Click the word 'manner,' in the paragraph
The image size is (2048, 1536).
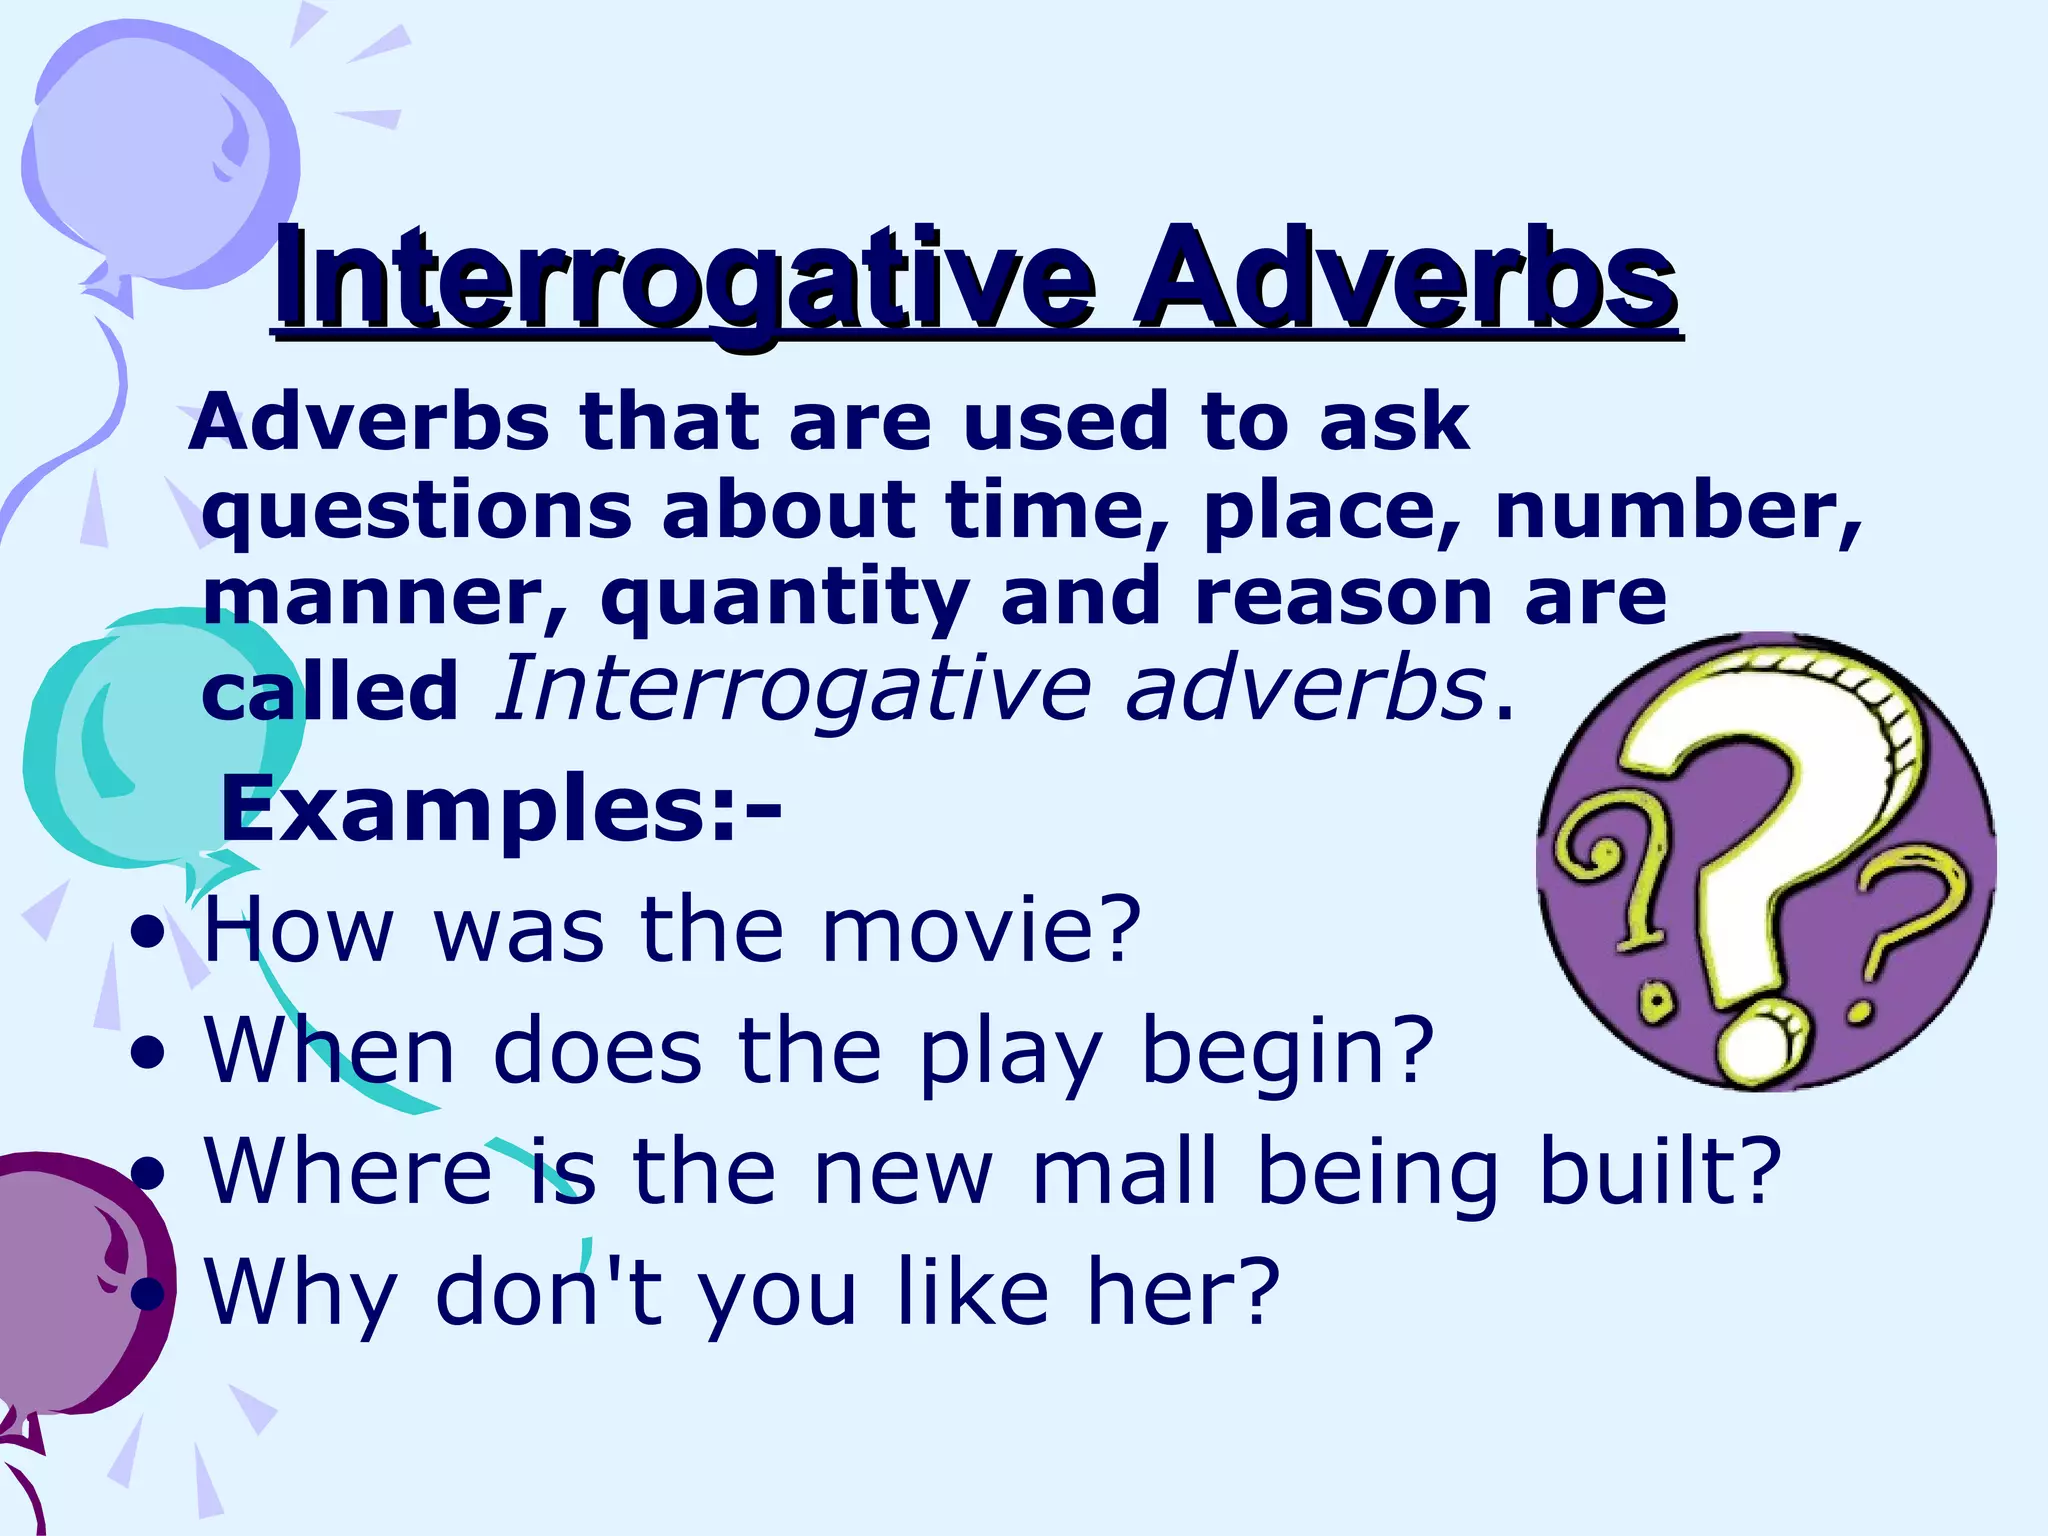click(385, 597)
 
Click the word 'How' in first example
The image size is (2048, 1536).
click(299, 930)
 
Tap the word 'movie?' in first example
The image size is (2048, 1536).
click(981, 930)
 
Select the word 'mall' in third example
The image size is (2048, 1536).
click(1124, 1171)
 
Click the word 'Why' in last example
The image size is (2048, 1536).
click(301, 1292)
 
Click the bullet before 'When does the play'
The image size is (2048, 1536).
click(148, 1053)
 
